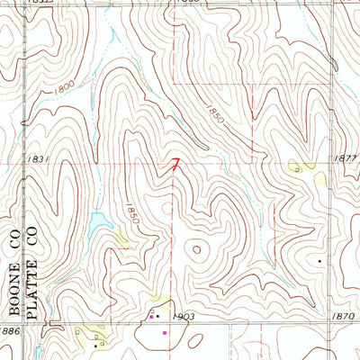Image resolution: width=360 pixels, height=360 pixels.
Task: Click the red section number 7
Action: (x=175, y=165)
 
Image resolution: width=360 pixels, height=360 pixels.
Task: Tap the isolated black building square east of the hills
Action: (x=319, y=261)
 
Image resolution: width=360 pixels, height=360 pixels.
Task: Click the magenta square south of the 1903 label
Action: (x=165, y=333)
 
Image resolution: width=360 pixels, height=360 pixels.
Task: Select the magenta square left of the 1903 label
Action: (x=151, y=317)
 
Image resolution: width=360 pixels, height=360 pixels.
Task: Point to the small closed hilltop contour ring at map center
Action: (x=196, y=247)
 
